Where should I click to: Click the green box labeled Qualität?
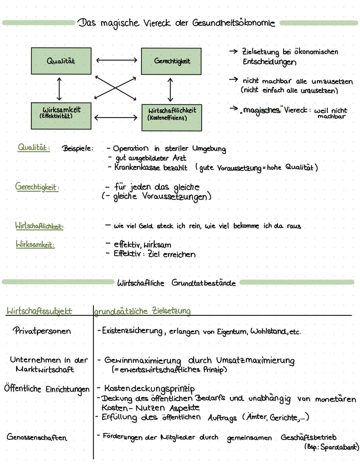[61, 61]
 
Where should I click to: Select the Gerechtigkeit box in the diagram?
[171, 61]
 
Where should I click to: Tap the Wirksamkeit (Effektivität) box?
[61, 115]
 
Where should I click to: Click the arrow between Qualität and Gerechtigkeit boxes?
[116, 60]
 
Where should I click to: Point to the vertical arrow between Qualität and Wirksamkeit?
[59, 89]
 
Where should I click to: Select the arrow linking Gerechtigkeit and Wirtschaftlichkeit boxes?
[170, 90]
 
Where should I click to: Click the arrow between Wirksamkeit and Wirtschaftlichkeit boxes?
[116, 117]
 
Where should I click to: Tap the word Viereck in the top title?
[157, 23]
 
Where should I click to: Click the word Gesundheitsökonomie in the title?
[234, 23]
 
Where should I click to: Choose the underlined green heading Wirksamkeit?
[35, 245]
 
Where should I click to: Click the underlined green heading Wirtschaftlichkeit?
[39, 226]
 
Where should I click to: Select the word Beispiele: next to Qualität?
[78, 148]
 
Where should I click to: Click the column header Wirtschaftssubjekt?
[39, 311]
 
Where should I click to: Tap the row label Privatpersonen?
[42, 331]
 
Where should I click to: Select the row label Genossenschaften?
[37, 437]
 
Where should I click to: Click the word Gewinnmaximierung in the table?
[143, 361]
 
